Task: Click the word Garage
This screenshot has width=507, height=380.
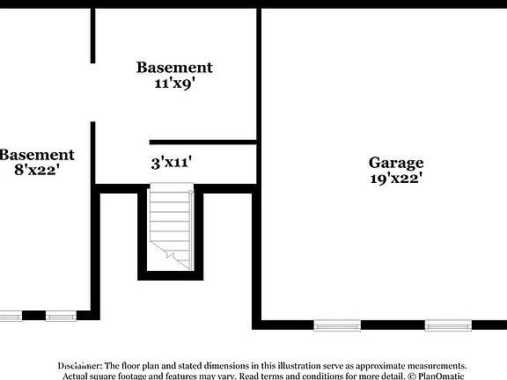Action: pos(396,163)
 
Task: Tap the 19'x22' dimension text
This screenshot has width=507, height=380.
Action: pos(396,178)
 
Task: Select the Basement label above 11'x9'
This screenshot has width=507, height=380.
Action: pos(173,67)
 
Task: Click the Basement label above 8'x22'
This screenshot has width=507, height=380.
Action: pos(36,155)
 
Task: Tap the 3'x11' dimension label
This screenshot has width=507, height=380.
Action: pos(172,162)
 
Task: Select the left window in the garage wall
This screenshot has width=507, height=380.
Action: pos(337,325)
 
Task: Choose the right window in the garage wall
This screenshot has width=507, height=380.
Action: pos(448,325)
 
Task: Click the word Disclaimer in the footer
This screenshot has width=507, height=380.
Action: pos(80,365)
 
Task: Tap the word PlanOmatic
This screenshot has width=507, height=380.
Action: pos(440,376)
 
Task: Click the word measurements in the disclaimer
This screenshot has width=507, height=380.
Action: pos(433,365)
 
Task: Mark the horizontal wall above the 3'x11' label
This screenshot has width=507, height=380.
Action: pos(202,142)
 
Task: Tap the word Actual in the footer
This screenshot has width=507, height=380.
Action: pos(76,376)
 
